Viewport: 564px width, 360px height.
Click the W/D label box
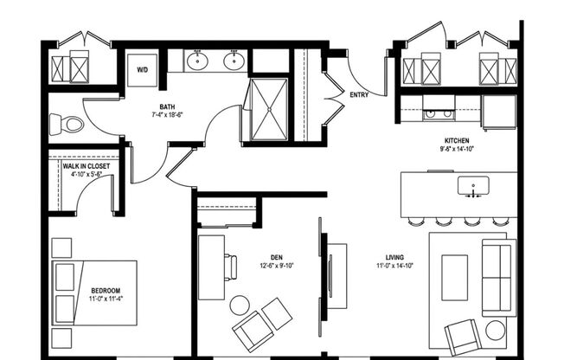tap(143, 69)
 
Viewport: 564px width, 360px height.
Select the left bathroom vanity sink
tap(199, 61)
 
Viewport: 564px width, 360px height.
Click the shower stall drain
tap(268, 109)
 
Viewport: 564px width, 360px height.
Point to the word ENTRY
tap(358, 95)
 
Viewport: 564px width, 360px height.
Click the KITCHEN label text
tap(458, 140)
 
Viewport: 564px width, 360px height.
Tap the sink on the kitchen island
tap(473, 185)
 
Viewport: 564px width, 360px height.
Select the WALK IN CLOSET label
tap(87, 164)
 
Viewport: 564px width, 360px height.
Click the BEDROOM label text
tap(106, 290)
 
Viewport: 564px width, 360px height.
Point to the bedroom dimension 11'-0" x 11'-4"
tap(106, 299)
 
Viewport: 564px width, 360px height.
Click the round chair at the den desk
tap(240, 305)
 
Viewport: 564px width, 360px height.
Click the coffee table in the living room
tap(454, 277)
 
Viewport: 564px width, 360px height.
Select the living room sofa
tap(497, 277)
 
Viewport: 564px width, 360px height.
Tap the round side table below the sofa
tap(496, 330)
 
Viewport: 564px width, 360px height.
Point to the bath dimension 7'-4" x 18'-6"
tap(167, 113)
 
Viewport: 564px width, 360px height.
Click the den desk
tap(211, 267)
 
